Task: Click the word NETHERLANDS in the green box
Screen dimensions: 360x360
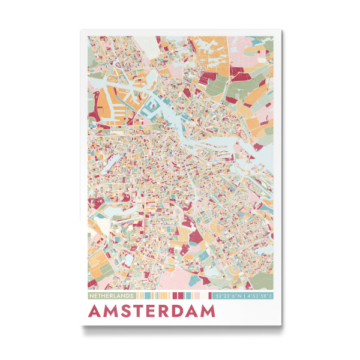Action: click(112, 296)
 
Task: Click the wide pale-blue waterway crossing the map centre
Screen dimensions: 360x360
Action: click(204, 144)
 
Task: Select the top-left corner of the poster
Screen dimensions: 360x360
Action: click(81, 30)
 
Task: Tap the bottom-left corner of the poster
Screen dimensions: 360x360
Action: click(81, 326)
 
